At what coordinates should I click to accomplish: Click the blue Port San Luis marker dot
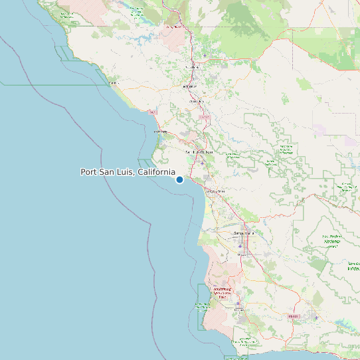tap(179, 179)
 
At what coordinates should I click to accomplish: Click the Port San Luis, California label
tap(128, 172)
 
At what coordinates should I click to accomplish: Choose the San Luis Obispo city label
tap(199, 152)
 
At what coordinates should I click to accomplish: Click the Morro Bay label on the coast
tap(161, 132)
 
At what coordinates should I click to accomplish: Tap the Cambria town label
tap(114, 84)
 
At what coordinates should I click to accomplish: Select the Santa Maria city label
tap(244, 234)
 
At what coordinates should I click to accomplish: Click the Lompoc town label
tap(240, 310)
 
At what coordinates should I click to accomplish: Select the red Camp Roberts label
tap(174, 27)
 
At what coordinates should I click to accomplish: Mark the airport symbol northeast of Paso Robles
tap(205, 54)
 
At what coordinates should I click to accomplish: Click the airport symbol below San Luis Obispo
tap(203, 163)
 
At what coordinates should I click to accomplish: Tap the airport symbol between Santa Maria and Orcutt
tap(240, 246)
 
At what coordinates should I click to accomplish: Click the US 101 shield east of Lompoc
tap(292, 317)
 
